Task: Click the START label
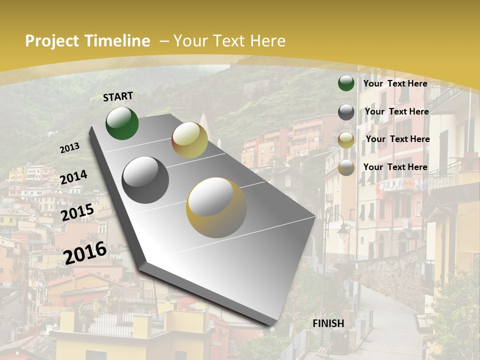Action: (118, 96)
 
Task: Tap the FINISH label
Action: (328, 323)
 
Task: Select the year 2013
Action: (69, 148)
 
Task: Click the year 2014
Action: (73, 177)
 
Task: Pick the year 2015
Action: (77, 212)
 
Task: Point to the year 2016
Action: (85, 252)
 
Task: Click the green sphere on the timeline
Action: (122, 123)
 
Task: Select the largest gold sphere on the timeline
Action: (216, 207)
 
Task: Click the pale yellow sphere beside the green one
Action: (189, 140)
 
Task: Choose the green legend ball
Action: (346, 83)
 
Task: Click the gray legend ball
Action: (346, 112)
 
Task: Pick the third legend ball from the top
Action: (346, 140)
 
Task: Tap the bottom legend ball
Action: (346, 168)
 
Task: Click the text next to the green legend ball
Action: (395, 83)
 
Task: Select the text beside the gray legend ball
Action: (396, 111)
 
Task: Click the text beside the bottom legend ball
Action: (395, 167)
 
